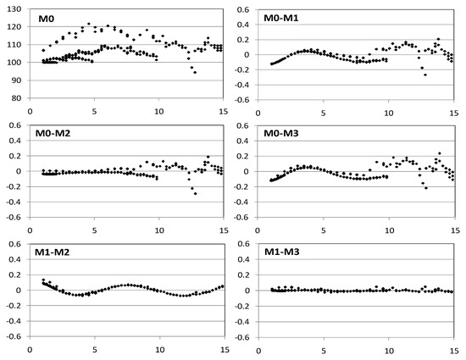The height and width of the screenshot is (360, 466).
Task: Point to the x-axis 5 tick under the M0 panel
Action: [x=94, y=110]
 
